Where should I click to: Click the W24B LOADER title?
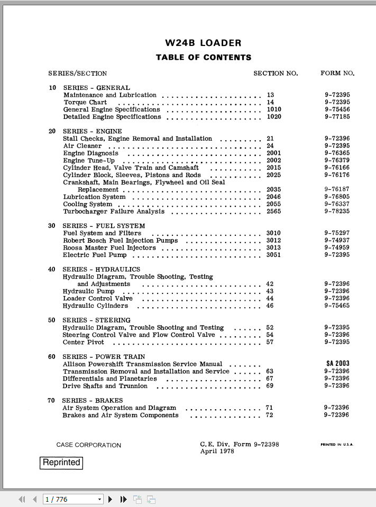click(x=203, y=43)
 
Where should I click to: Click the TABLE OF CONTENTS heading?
click(x=204, y=57)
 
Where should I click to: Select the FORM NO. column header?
click(x=337, y=73)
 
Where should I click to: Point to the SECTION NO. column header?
click(x=276, y=73)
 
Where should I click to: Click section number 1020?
click(x=274, y=117)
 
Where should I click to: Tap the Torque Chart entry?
click(x=85, y=103)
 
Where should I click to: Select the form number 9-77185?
click(x=337, y=117)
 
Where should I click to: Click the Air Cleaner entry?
click(x=82, y=146)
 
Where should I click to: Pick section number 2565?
click(x=274, y=211)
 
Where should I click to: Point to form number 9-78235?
click(x=337, y=211)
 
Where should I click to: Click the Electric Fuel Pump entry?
click(x=95, y=255)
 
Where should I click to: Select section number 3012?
click(x=273, y=241)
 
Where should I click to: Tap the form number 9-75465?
click(x=337, y=306)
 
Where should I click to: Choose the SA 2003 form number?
click(x=338, y=364)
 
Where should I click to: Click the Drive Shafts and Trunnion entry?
click(x=105, y=386)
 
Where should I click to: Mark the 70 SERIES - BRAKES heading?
click(x=85, y=401)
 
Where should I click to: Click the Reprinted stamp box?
click(x=61, y=463)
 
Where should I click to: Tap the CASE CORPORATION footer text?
click(x=89, y=445)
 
